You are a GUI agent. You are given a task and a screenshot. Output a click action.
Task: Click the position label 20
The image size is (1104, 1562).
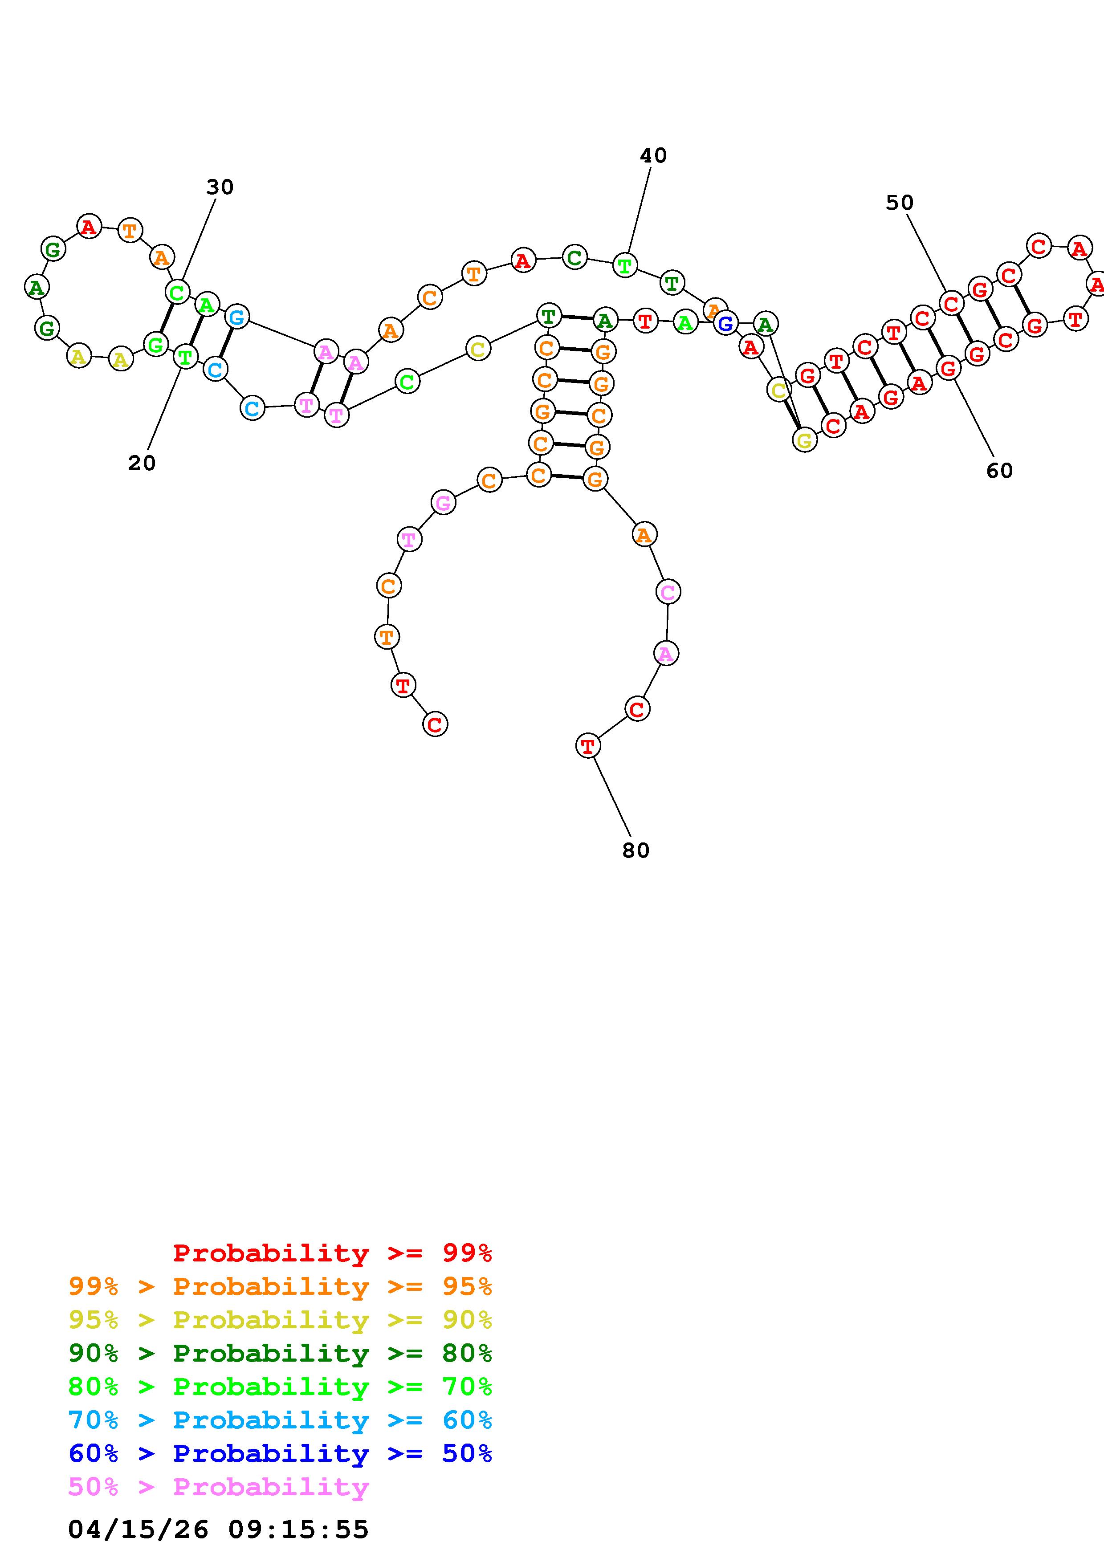[x=142, y=463]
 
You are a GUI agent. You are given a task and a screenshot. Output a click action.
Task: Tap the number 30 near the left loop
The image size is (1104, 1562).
[x=220, y=187]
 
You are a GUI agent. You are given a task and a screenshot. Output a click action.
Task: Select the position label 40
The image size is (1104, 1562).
[x=653, y=156]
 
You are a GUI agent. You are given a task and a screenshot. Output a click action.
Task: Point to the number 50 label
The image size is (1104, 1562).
[x=899, y=203]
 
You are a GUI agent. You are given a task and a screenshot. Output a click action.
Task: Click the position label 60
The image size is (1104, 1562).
[x=999, y=471]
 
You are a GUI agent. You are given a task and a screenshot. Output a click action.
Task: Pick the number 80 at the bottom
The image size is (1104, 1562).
[x=636, y=850]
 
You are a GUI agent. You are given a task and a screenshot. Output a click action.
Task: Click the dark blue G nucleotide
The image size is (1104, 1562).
[x=726, y=324]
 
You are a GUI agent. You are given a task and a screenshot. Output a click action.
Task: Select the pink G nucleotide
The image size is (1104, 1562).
[x=443, y=504]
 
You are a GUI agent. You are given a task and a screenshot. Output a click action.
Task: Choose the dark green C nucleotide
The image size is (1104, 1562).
[x=575, y=258]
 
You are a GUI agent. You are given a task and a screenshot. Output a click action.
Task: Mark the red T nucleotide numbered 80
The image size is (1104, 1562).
[x=588, y=746]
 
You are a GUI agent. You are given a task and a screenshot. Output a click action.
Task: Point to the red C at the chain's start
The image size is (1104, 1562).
[x=436, y=724]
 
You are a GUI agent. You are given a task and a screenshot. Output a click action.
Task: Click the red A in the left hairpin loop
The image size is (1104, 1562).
[x=89, y=226]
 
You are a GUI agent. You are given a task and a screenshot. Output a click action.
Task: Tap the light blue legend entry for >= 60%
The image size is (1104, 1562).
[x=280, y=1420]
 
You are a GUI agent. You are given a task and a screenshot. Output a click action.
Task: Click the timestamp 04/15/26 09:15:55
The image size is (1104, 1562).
[x=218, y=1529]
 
